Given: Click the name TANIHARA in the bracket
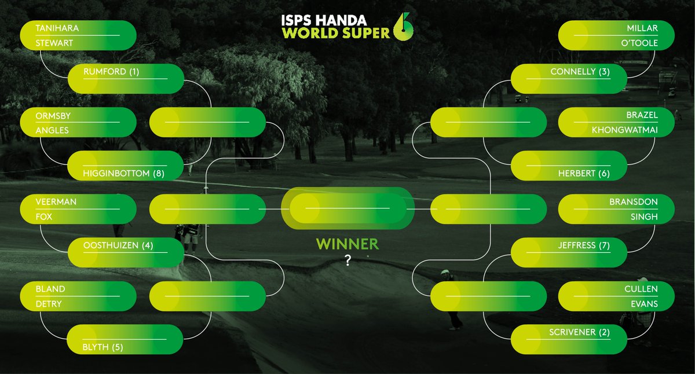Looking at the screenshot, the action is [57, 28].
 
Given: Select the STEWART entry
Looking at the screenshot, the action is [54, 43].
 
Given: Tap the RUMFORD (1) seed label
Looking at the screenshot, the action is [111, 72].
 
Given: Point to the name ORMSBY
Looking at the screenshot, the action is [53, 116].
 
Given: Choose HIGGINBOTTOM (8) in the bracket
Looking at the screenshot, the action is [123, 173].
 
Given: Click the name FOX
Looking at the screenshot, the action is [44, 217].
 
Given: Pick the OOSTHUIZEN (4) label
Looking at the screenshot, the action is [118, 245].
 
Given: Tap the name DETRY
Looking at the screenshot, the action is [49, 304].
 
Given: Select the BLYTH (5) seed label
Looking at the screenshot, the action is [103, 347].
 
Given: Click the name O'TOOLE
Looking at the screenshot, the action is [639, 43].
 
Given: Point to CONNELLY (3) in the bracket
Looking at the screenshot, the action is [580, 72].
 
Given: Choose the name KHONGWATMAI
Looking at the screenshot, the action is [624, 130].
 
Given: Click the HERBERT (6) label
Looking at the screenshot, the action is [584, 173].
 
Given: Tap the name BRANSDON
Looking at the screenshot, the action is [634, 202].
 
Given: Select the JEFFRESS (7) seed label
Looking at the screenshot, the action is [584, 245].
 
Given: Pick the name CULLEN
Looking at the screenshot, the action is [641, 289].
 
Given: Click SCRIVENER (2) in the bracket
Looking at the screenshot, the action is [580, 332].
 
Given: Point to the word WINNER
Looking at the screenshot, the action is [348, 244].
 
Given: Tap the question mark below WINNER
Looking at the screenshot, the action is [348, 261].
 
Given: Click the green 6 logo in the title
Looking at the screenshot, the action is [403, 27].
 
